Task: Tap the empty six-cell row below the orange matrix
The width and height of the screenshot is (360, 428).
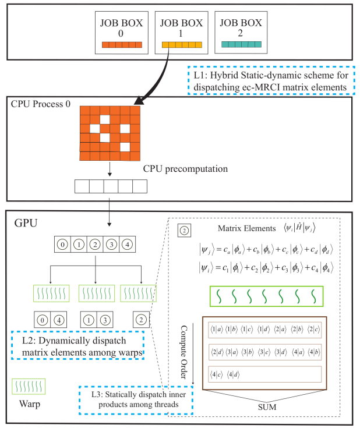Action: (x=111, y=186)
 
